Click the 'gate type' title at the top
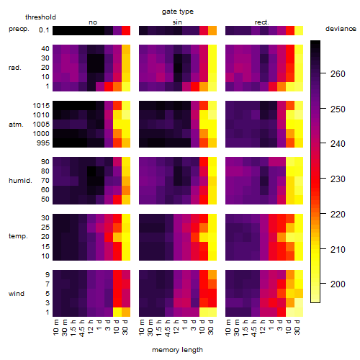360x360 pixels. (x=178, y=12)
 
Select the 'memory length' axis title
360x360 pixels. (x=178, y=350)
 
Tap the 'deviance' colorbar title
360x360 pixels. (x=341, y=29)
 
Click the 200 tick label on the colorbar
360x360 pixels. (x=338, y=284)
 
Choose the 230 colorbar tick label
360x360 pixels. (x=338, y=179)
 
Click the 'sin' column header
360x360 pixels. (x=177, y=22)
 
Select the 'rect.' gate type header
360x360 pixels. (x=262, y=22)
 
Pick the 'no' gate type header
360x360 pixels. (x=93, y=22)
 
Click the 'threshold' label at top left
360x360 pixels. (x=40, y=17)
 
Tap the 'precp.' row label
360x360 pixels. (x=19, y=30)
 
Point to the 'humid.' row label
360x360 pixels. (x=20, y=181)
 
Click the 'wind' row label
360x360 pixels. (x=17, y=294)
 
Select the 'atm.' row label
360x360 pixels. (x=16, y=125)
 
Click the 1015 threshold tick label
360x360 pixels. (x=41, y=106)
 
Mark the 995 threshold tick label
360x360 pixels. (x=43, y=143)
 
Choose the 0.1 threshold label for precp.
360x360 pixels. (x=44, y=30)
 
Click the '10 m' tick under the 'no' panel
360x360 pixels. (x=55, y=328)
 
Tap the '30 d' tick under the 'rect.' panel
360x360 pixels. (x=297, y=328)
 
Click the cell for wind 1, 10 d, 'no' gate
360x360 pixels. (x=117, y=312)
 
